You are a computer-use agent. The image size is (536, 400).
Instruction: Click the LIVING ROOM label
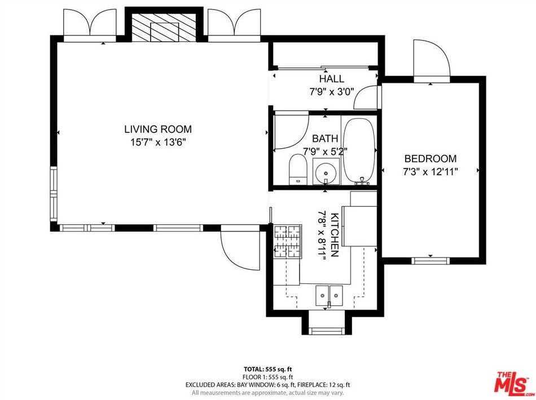point(158,129)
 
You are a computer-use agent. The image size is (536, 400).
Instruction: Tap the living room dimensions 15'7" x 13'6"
point(158,141)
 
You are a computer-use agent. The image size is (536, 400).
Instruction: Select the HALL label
point(332,79)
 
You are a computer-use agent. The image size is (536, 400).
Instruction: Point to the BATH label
point(325,138)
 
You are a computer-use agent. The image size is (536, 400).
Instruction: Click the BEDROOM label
point(430,159)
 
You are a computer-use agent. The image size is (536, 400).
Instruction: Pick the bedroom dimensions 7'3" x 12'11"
point(430,171)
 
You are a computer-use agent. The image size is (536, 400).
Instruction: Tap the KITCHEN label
point(335,235)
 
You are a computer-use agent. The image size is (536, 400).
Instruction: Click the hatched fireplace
point(164,28)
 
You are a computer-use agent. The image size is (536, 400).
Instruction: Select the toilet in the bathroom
point(298,169)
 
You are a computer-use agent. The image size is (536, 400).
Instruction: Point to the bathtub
point(359,151)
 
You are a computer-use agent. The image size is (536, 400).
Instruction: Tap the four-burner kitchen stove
point(287,241)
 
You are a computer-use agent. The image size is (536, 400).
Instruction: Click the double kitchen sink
point(329,296)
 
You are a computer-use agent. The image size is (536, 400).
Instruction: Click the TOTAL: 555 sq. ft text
point(268,369)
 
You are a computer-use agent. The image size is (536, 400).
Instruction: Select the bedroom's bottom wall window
point(430,261)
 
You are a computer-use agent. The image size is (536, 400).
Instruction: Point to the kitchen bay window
point(327,331)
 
